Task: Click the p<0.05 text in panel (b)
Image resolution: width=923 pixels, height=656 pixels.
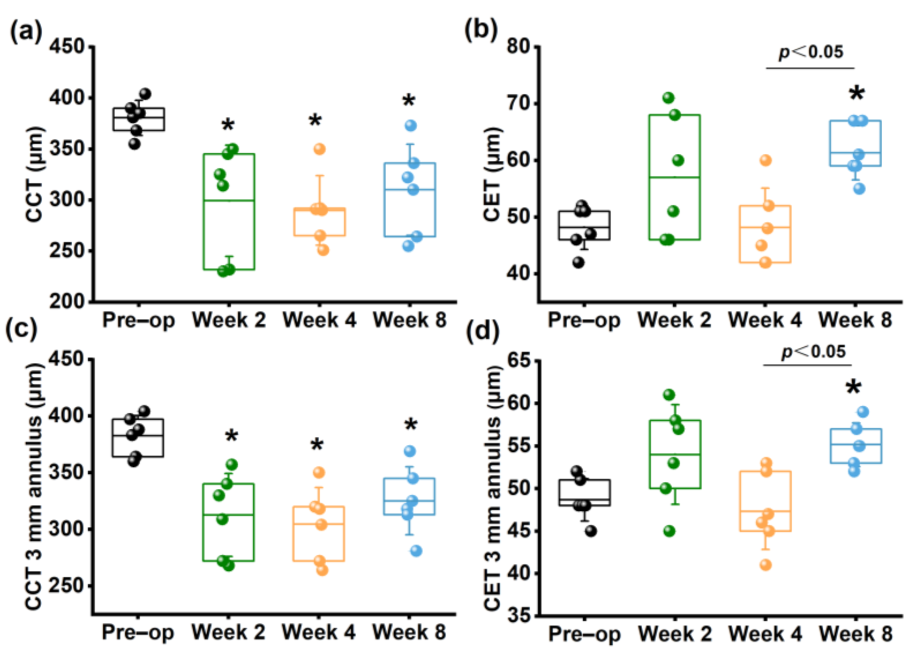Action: click(811, 52)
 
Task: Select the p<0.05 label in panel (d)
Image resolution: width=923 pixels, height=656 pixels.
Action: click(813, 351)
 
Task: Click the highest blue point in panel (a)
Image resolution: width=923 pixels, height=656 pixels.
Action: click(411, 126)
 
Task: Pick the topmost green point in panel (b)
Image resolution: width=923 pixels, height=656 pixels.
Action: click(669, 98)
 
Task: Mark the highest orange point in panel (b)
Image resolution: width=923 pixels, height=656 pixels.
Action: click(765, 160)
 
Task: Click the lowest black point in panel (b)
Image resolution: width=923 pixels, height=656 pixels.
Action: click(579, 263)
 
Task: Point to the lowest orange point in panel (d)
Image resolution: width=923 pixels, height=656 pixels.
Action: click(765, 565)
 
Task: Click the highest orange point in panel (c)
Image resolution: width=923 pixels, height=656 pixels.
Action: click(319, 472)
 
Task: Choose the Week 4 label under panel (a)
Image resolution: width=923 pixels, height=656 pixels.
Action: click(319, 320)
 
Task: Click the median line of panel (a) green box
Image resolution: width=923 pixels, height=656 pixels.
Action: click(229, 200)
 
